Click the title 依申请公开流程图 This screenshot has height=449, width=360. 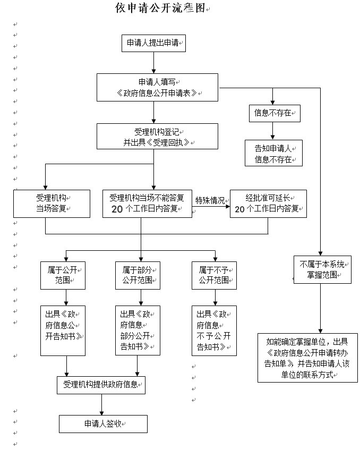point(160,9)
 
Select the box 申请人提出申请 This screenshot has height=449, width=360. point(153,44)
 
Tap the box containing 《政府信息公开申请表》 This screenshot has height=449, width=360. point(157,87)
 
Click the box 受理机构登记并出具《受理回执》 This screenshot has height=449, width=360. point(157,137)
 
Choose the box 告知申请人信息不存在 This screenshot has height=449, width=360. point(273,153)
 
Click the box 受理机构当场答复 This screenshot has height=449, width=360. point(52,204)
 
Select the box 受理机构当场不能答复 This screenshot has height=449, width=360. point(147,204)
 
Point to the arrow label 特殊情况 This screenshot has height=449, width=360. point(210,200)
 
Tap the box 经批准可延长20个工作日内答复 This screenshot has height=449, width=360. point(268,204)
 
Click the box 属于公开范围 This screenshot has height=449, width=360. point(63,275)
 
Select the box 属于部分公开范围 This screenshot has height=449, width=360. point(138,275)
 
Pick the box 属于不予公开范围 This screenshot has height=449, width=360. point(214,275)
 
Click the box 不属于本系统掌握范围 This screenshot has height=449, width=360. point(322,269)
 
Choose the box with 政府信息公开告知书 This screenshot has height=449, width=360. point(63,331)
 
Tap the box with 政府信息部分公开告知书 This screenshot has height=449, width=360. point(138,331)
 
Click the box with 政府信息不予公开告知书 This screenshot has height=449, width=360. point(214,331)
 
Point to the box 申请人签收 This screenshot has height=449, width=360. point(102,424)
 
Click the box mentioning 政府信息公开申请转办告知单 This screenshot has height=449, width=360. point(307,358)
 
